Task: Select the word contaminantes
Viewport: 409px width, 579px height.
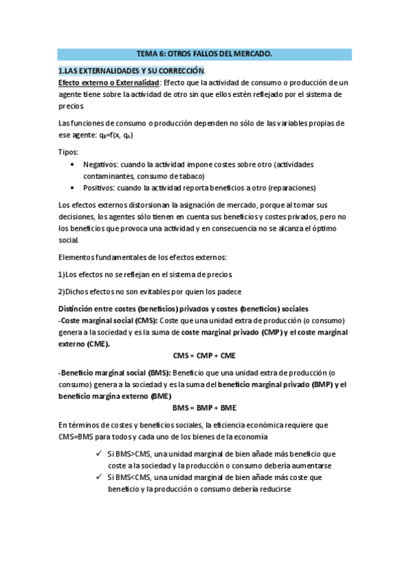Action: [112, 176]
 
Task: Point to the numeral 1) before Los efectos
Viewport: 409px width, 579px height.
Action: [61, 274]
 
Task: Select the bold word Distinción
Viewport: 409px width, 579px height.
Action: [79, 308]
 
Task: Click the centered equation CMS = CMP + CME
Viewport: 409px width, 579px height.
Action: [204, 356]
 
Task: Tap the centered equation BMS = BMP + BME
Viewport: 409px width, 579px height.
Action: [204, 408]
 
